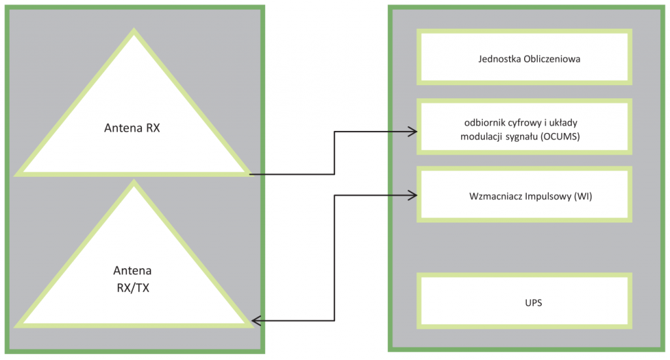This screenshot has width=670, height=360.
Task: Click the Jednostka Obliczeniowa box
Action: pyautogui.click(x=525, y=57)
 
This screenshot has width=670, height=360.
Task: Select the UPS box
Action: pyautogui.click(x=525, y=302)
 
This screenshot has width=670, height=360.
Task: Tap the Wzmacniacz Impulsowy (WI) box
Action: pyautogui.click(x=525, y=194)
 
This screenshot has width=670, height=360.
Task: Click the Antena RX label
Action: pyautogui.click(x=132, y=128)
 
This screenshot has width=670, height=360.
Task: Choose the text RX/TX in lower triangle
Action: pyautogui.click(x=132, y=288)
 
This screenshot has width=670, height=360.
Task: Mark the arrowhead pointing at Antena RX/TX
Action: pyautogui.click(x=256, y=321)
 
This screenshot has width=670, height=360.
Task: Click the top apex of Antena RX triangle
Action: pyautogui.click(x=133, y=33)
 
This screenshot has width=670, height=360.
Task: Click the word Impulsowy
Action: pyautogui.click(x=547, y=196)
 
